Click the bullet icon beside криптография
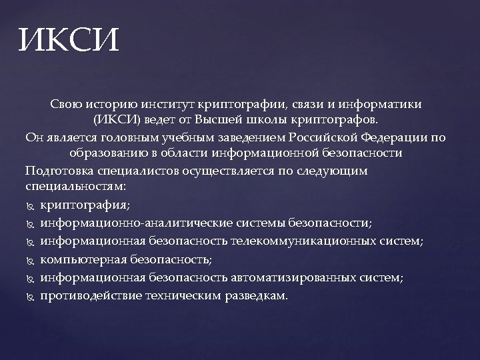pyautogui.click(x=31, y=205)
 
